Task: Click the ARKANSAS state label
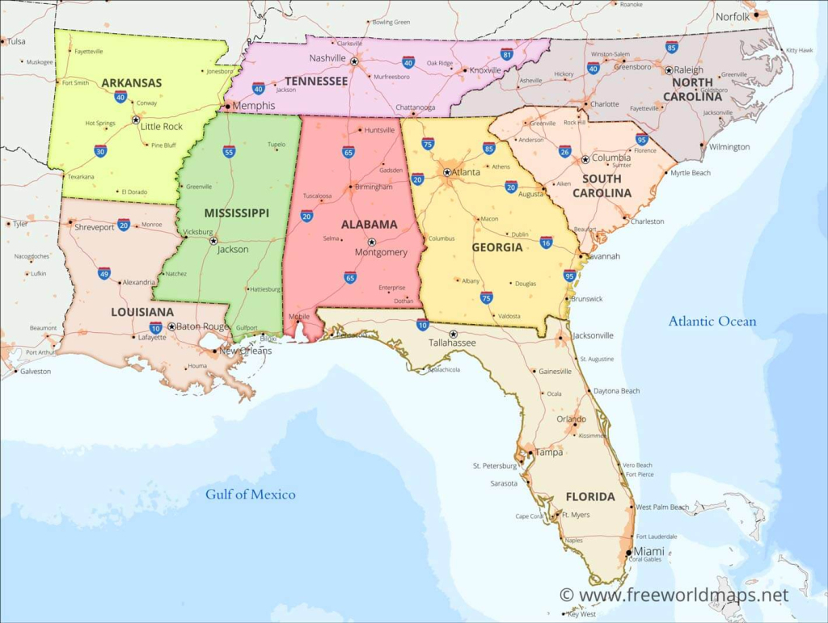click(x=131, y=82)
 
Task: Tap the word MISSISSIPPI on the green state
click(x=236, y=213)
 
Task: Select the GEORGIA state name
click(x=497, y=247)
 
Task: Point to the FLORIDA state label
click(x=590, y=496)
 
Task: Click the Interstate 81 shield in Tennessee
click(x=507, y=55)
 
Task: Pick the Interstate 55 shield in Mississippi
click(x=229, y=151)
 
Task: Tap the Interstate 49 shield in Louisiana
click(x=104, y=273)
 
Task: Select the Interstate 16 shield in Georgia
click(x=547, y=242)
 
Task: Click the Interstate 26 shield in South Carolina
click(x=565, y=151)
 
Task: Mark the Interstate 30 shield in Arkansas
click(x=100, y=151)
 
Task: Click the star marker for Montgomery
click(x=372, y=242)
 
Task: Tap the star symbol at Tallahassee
click(x=453, y=334)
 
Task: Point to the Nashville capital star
click(x=353, y=61)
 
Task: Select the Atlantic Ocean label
click(x=712, y=322)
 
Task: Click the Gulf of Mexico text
click(x=250, y=494)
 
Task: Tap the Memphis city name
click(x=253, y=106)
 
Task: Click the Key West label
click(x=581, y=614)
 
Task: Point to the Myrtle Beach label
click(x=691, y=173)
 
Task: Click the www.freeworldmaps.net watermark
click(x=674, y=596)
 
